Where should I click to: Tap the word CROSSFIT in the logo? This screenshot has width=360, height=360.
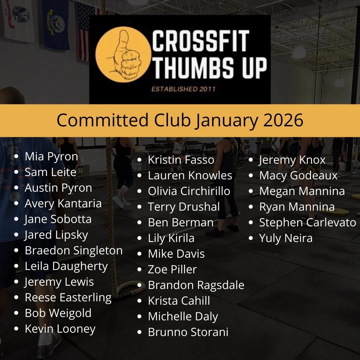click(201, 41)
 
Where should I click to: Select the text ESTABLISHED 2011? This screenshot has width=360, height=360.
click(183, 89)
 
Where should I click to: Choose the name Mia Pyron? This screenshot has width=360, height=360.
click(51, 157)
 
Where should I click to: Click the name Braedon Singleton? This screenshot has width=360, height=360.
click(74, 251)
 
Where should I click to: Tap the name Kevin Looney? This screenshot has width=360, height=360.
click(60, 329)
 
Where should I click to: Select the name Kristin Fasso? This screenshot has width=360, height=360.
click(181, 160)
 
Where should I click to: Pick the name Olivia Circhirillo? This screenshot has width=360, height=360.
click(189, 191)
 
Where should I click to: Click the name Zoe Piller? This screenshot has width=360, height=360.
click(172, 269)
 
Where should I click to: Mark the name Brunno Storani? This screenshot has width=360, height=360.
click(188, 332)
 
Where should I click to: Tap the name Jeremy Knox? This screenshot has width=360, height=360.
click(292, 160)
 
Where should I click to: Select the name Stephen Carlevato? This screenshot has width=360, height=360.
click(307, 223)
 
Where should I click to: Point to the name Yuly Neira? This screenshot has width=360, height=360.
click(286, 238)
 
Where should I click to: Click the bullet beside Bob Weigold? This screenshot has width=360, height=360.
click(16, 313)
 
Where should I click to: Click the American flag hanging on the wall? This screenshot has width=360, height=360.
click(85, 30)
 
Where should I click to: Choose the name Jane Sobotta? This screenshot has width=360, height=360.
click(58, 219)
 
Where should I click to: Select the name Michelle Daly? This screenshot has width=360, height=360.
click(183, 317)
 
